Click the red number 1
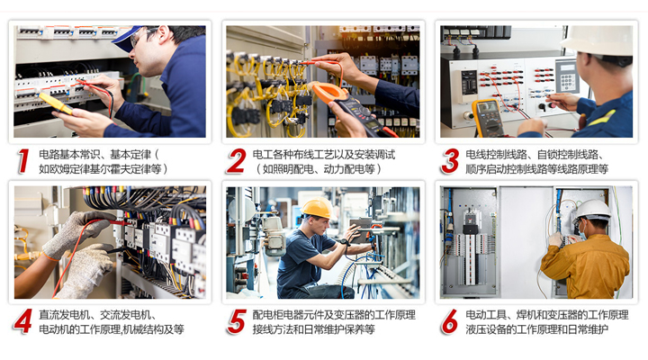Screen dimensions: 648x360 (x=23, y=161)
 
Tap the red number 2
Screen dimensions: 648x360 (x=238, y=161)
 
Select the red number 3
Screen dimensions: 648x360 (x=450, y=161)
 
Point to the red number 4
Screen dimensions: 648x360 (x=22, y=321)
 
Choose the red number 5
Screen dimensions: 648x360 (x=237, y=321)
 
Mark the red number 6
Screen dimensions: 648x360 (x=450, y=321)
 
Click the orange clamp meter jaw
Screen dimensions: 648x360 (x=329, y=92)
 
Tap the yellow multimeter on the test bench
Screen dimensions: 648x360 (x=488, y=118)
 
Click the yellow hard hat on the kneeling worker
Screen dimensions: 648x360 (x=318, y=208)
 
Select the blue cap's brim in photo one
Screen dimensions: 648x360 (x=122, y=42)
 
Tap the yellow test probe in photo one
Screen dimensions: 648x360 (x=55, y=103)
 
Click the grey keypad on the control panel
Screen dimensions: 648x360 (x=567, y=76)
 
